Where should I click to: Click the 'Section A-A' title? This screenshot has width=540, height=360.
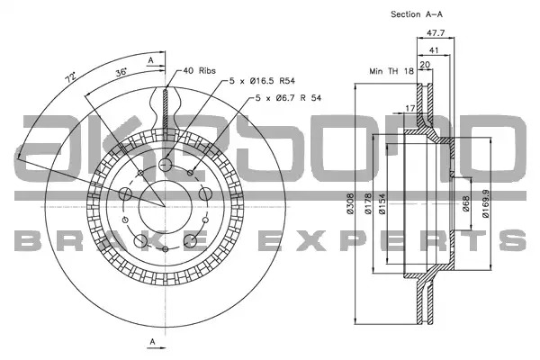click(417, 14)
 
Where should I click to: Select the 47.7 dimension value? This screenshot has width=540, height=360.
click(436, 33)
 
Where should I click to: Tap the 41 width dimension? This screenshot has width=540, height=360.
click(434, 50)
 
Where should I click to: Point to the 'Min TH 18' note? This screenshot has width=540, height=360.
click(391, 71)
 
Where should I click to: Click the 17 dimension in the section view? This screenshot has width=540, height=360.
click(409, 108)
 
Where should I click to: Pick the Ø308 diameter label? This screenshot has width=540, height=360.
click(350, 203)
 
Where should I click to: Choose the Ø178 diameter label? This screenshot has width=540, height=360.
click(368, 203)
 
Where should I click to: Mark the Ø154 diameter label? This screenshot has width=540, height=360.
click(382, 203)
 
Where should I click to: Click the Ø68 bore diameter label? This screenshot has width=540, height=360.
click(465, 203)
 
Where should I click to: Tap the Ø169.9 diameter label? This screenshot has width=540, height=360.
click(486, 203)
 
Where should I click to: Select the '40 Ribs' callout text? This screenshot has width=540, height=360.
click(200, 70)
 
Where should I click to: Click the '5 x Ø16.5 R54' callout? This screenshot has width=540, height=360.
click(263, 81)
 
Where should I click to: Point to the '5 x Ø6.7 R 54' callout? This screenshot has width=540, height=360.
click(288, 98)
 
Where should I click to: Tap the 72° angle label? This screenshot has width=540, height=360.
click(70, 77)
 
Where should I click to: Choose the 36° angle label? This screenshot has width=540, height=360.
click(121, 72)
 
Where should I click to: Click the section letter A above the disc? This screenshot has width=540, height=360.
click(150, 60)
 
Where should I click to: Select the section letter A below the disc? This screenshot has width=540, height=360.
click(153, 342)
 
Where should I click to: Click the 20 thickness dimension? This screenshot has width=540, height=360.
click(426, 65)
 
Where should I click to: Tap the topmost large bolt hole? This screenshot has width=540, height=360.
click(166, 165)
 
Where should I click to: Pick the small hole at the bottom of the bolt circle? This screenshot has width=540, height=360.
click(166, 248)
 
